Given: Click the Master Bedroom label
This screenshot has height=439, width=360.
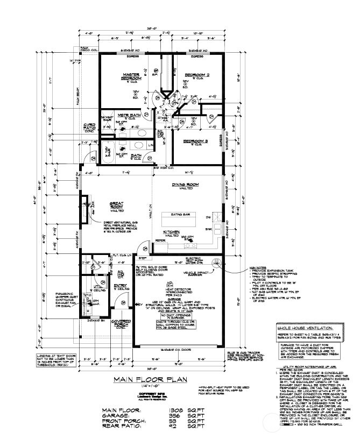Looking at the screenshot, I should coord(131,76).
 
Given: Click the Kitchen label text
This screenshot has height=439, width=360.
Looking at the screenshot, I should coord(172,232).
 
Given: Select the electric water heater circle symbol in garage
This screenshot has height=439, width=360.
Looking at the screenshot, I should coord(217,263).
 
